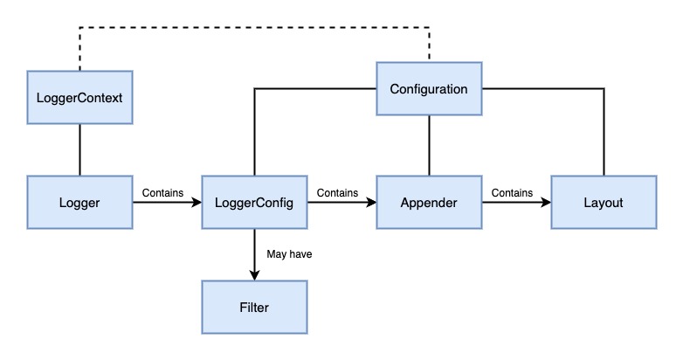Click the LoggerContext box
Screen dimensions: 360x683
click(79, 97)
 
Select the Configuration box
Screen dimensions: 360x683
click(428, 88)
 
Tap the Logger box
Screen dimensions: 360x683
click(79, 202)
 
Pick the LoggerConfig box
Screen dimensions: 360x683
click(253, 202)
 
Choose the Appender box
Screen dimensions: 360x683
click(428, 202)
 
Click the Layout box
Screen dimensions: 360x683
click(603, 202)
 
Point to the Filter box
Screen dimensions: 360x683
click(253, 307)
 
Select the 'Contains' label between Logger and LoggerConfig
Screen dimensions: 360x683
click(162, 190)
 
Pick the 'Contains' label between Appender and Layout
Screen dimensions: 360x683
click(513, 190)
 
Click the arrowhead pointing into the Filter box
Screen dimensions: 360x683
click(254, 275)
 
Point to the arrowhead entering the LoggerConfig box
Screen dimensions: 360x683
click(196, 202)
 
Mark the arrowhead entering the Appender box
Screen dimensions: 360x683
click(370, 202)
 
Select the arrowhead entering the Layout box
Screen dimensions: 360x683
click(545, 202)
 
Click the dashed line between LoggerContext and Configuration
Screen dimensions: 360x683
click(253, 28)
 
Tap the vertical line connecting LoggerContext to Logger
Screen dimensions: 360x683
click(79, 149)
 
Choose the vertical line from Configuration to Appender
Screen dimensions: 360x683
click(428, 145)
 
